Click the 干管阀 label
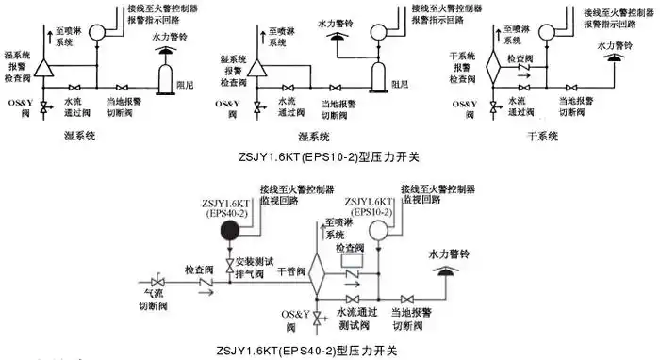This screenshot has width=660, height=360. coord(291,270)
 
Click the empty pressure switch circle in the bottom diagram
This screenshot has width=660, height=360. coord(380,237)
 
